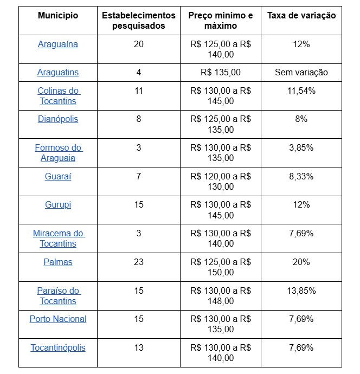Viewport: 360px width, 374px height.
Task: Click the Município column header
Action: coord(58,16)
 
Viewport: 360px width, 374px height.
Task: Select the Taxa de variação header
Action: coord(301,16)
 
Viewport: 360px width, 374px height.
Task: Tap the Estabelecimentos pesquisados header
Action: coord(139,21)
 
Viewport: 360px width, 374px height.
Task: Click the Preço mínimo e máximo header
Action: coord(221,21)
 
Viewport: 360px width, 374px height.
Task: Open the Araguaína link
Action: coord(58,44)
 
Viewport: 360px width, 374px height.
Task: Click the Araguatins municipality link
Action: coord(58,73)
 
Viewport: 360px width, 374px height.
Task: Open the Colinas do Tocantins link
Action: coord(58,96)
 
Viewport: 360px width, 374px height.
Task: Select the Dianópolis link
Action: coord(58,119)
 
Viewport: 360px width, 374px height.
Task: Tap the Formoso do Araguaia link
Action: coord(58,153)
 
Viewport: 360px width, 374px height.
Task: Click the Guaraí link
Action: coord(58,177)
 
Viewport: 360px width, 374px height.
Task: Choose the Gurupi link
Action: coord(58,205)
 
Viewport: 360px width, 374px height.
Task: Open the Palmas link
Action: coord(58,262)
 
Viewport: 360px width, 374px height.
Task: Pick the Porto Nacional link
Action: coord(58,319)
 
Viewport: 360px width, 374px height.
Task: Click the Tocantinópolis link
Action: coord(58,348)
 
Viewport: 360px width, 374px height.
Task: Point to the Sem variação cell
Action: coord(301,73)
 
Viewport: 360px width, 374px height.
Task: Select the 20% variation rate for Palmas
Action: coord(301,262)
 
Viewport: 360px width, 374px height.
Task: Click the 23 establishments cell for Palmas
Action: coord(139,262)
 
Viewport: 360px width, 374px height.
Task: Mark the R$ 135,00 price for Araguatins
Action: coord(221,73)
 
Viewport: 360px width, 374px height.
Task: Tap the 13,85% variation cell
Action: coord(301,291)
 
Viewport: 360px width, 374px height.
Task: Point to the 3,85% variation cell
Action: coord(301,148)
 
